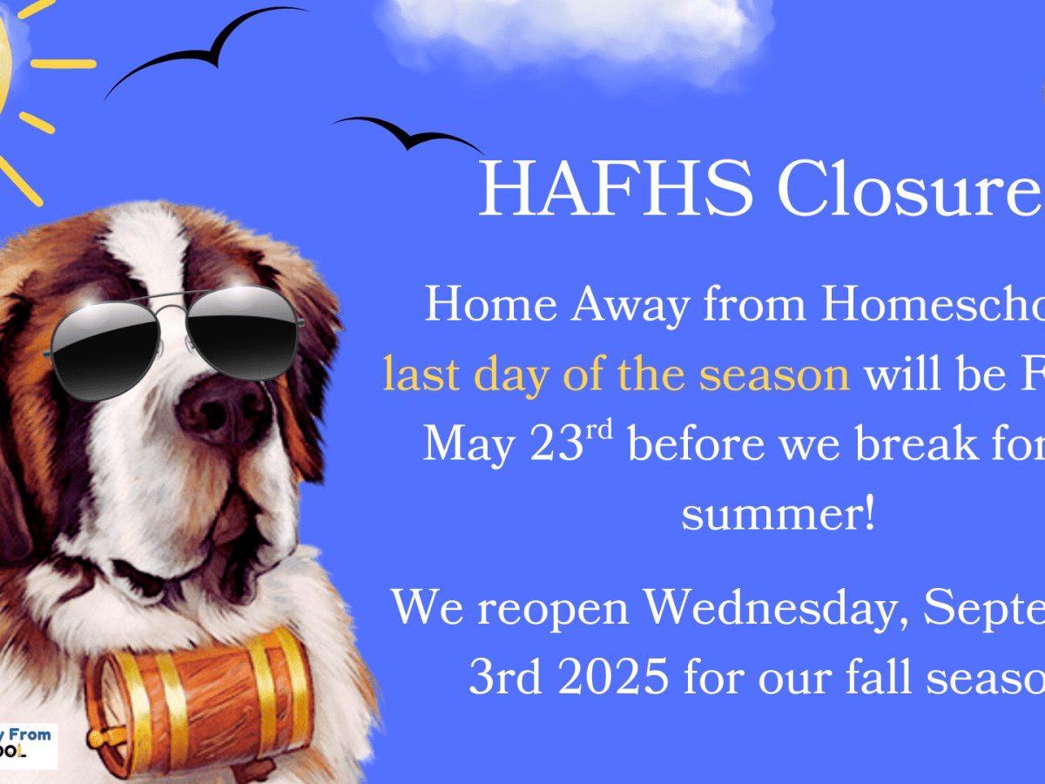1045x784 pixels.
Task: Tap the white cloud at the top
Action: coord(575,30)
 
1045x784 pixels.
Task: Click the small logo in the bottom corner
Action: coord(28,745)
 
